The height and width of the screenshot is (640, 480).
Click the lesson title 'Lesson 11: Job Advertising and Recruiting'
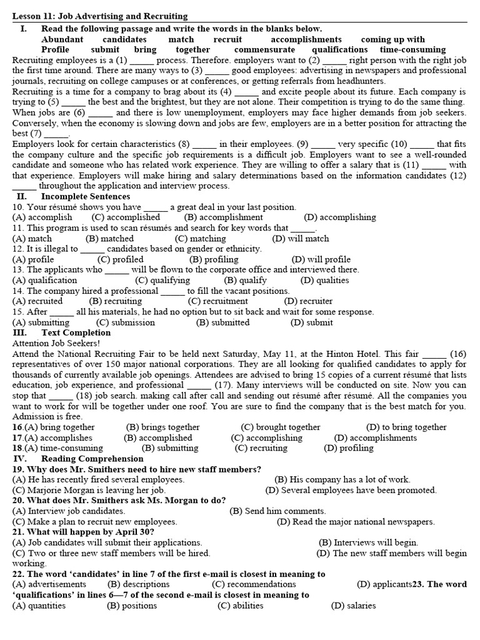[100, 16]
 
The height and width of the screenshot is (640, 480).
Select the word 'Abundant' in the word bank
[62, 39]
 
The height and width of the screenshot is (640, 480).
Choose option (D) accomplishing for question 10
[340, 217]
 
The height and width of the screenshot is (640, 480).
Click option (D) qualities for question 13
[324, 281]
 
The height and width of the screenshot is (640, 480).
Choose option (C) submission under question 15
[125, 322]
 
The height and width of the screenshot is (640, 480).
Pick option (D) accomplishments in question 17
[375, 438]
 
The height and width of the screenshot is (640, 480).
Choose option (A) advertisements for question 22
[49, 584]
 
